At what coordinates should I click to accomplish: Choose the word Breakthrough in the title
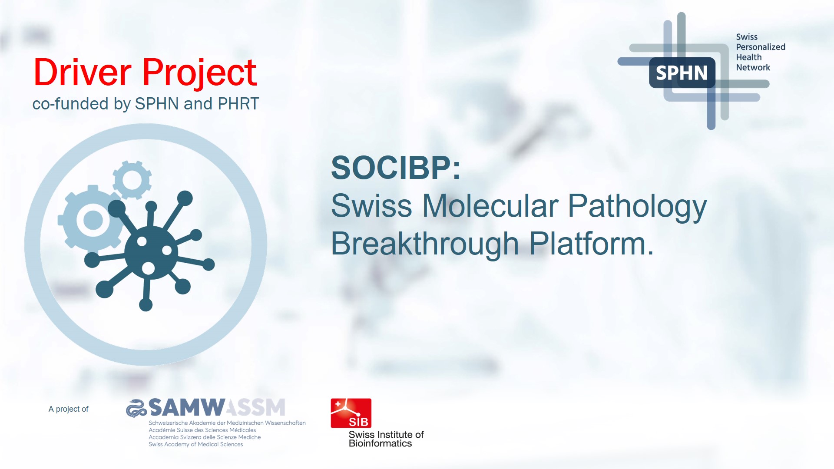[x=425, y=244]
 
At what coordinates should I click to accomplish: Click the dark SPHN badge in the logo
[x=682, y=73]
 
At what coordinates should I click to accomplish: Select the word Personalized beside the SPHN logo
[x=761, y=47]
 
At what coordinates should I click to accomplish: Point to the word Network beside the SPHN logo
[x=753, y=67]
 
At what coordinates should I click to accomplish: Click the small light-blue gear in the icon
[x=132, y=180]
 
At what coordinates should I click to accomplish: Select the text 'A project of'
[x=68, y=409]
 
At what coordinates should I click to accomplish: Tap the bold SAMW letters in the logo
[x=187, y=407]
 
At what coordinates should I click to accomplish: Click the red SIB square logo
[x=351, y=413]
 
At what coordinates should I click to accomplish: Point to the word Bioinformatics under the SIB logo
[x=380, y=443]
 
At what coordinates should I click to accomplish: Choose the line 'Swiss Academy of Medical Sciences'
[x=196, y=444]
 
